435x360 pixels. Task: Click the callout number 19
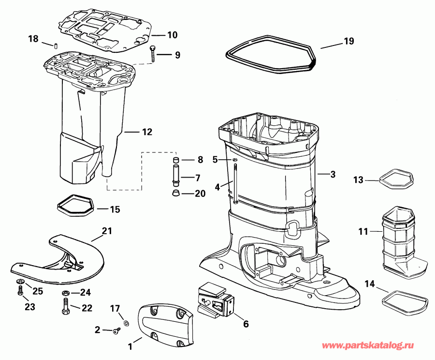[x=349, y=42]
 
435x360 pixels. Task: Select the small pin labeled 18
[x=56, y=46]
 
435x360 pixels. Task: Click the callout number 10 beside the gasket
[x=172, y=35]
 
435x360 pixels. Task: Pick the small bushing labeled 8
[x=176, y=160]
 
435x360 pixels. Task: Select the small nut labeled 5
[x=234, y=160]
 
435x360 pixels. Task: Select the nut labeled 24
[x=66, y=293]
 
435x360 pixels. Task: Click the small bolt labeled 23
[x=20, y=291]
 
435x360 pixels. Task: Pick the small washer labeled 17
[x=126, y=322]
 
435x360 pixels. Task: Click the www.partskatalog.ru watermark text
[x=376, y=346]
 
